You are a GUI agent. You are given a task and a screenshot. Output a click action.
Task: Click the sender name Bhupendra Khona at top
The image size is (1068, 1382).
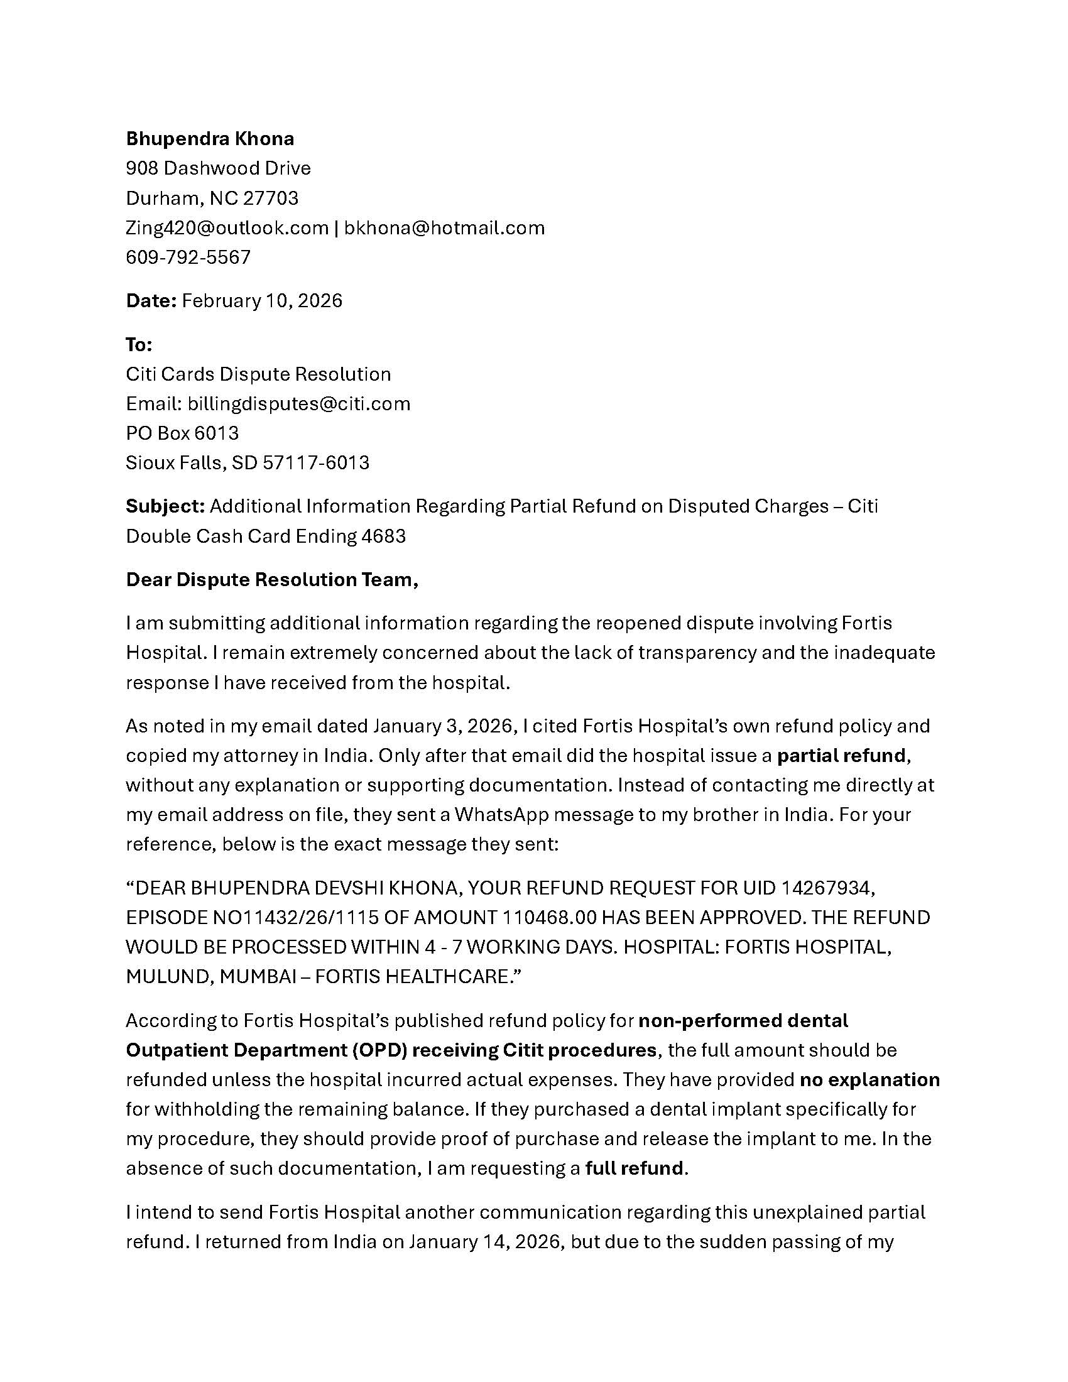[x=210, y=139]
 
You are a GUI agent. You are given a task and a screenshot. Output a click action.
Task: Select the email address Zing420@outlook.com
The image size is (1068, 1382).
[x=227, y=228]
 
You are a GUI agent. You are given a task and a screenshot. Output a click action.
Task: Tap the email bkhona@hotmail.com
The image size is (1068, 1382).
[x=444, y=228]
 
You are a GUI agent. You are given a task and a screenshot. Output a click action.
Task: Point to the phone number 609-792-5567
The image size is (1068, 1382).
[x=188, y=257]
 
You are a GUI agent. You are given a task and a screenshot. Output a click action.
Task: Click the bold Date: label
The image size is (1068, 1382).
[x=151, y=300]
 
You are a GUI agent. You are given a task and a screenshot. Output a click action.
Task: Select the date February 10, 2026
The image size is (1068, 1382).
[x=262, y=300]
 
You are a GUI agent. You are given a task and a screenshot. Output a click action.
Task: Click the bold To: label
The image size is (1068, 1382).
[x=139, y=345]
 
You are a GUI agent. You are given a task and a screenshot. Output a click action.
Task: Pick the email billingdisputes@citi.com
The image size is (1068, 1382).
[x=298, y=404]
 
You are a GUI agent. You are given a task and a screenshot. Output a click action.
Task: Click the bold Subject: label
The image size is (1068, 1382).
[x=165, y=506]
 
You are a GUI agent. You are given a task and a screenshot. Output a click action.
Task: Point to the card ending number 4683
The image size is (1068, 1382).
[x=383, y=536]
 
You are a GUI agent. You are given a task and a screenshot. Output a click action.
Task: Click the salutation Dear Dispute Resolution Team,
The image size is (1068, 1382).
[x=272, y=580]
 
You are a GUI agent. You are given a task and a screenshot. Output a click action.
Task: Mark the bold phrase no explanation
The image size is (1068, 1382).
[x=869, y=1079]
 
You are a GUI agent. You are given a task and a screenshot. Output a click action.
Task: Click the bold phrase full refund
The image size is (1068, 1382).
[x=635, y=1168]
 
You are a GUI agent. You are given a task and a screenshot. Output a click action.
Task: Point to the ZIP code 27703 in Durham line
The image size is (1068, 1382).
[x=271, y=199]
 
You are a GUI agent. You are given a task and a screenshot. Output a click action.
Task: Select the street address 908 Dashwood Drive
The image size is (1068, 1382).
[x=218, y=168]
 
